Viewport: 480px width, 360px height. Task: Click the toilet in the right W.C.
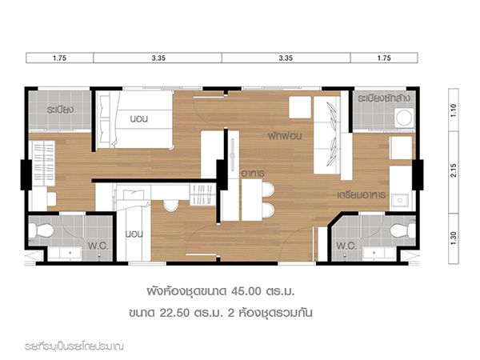[402, 230]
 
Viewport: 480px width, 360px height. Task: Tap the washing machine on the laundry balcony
[404, 118]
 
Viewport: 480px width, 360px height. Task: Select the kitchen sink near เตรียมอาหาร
[399, 201]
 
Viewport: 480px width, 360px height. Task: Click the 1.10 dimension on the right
[454, 110]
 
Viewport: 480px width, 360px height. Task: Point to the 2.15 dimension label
[454, 170]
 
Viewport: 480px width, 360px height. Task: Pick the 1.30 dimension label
[454, 238]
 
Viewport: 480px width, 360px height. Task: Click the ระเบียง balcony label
[60, 110]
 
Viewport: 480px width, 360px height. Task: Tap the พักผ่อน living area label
[285, 136]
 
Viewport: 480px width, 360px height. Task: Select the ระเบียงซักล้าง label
[384, 98]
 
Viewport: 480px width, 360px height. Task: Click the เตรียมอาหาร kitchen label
[362, 195]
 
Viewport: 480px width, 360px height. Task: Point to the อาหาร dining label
[253, 174]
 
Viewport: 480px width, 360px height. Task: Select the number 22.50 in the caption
[174, 313]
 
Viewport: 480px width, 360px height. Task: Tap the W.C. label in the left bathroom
[98, 246]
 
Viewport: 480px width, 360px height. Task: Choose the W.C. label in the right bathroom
[346, 246]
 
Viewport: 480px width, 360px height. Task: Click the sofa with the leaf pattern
[327, 135]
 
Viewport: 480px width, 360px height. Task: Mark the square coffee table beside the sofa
[300, 107]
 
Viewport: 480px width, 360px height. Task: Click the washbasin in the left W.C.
[66, 254]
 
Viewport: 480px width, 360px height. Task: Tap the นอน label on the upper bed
[139, 118]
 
